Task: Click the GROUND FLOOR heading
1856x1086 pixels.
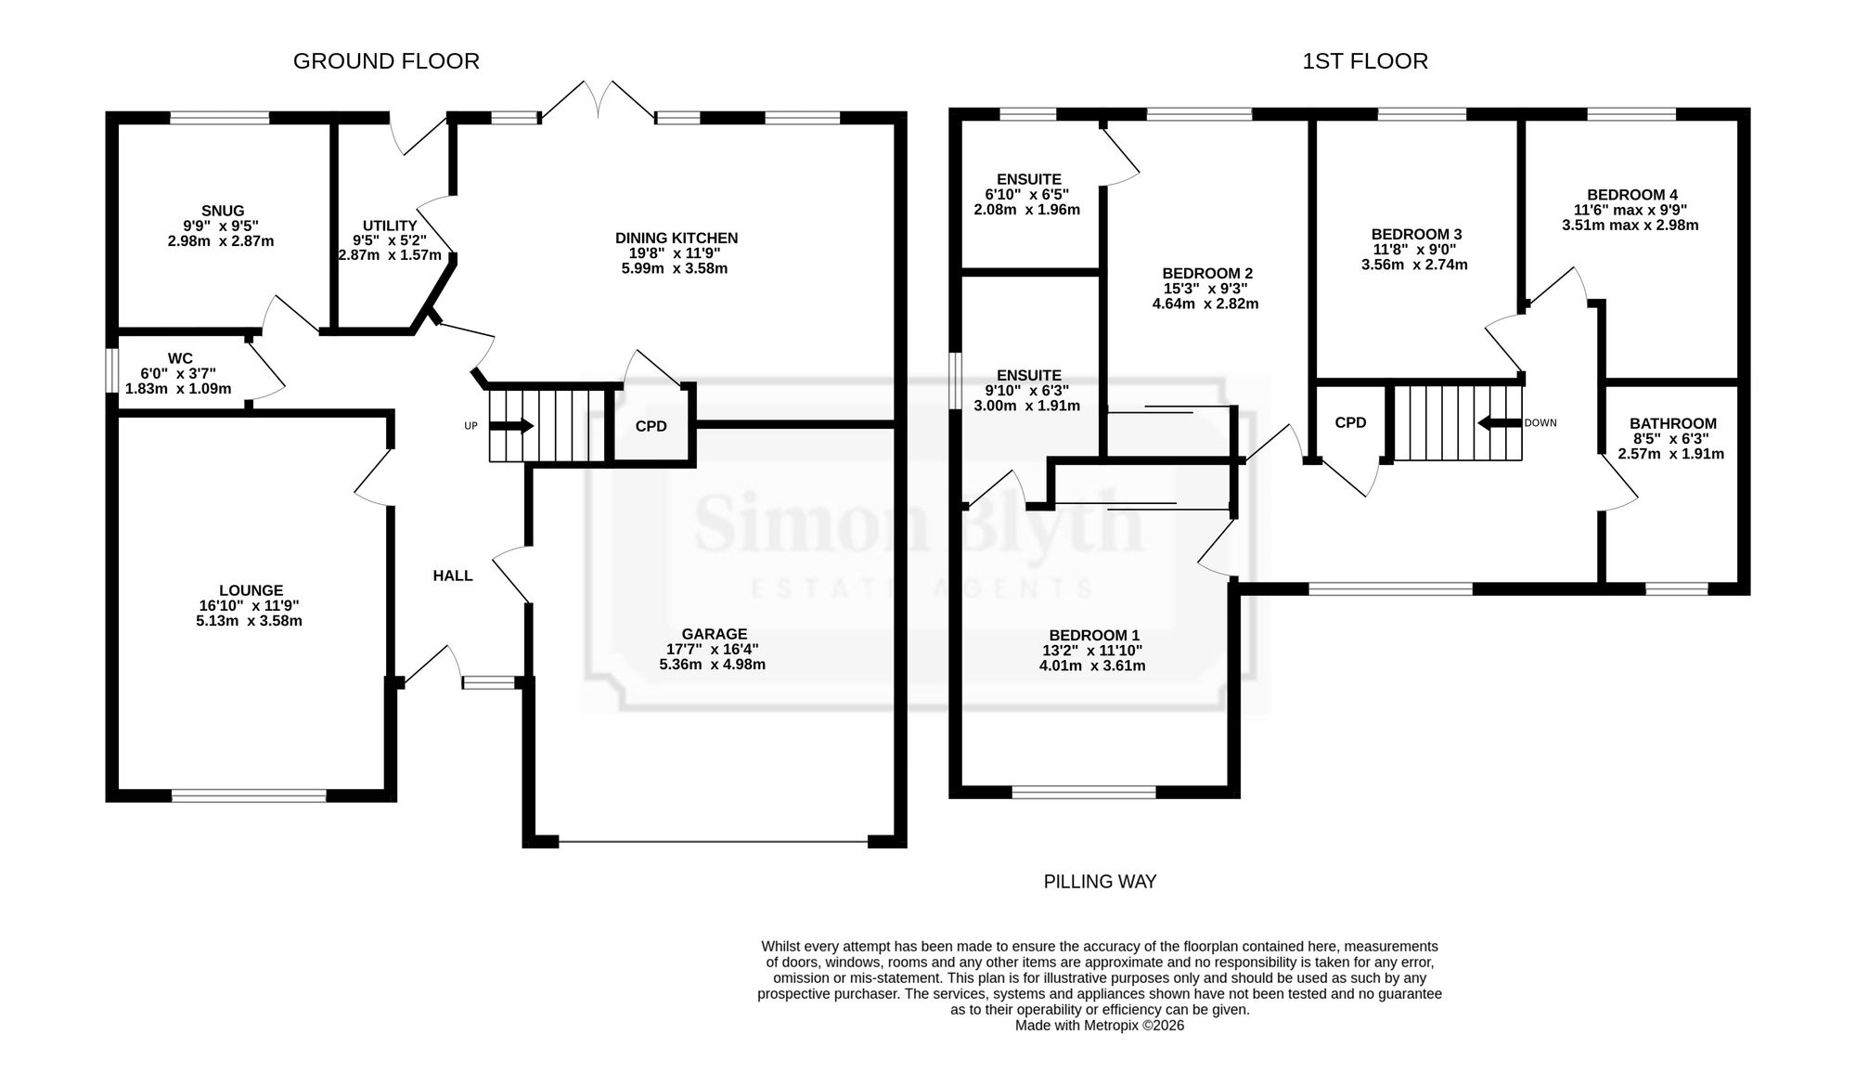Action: coord(386,61)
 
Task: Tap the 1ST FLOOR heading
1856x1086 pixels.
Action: coord(1365,61)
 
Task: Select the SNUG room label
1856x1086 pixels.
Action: coord(223,211)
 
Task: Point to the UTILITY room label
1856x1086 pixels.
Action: coord(390,226)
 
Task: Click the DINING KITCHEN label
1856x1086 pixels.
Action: coord(677,239)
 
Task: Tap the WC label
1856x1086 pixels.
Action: coord(180,358)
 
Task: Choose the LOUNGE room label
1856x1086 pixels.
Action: coord(251,590)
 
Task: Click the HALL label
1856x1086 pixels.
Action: coord(453,575)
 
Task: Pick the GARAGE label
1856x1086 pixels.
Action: coord(714,635)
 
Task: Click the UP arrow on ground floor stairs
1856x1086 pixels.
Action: coord(511,426)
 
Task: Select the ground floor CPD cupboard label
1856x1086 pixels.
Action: coord(651,426)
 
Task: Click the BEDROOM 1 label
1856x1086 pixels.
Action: coord(1094,636)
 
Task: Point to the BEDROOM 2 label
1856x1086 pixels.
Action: coord(1207,273)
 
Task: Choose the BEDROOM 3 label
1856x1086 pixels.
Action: coord(1416,234)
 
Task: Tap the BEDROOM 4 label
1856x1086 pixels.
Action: coord(1632,195)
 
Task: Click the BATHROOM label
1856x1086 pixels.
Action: coord(1673,423)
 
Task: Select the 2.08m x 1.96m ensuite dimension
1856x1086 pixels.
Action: coord(1026,210)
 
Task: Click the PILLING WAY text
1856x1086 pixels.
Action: coord(1100,882)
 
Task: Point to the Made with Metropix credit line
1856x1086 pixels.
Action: coord(1100,1026)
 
